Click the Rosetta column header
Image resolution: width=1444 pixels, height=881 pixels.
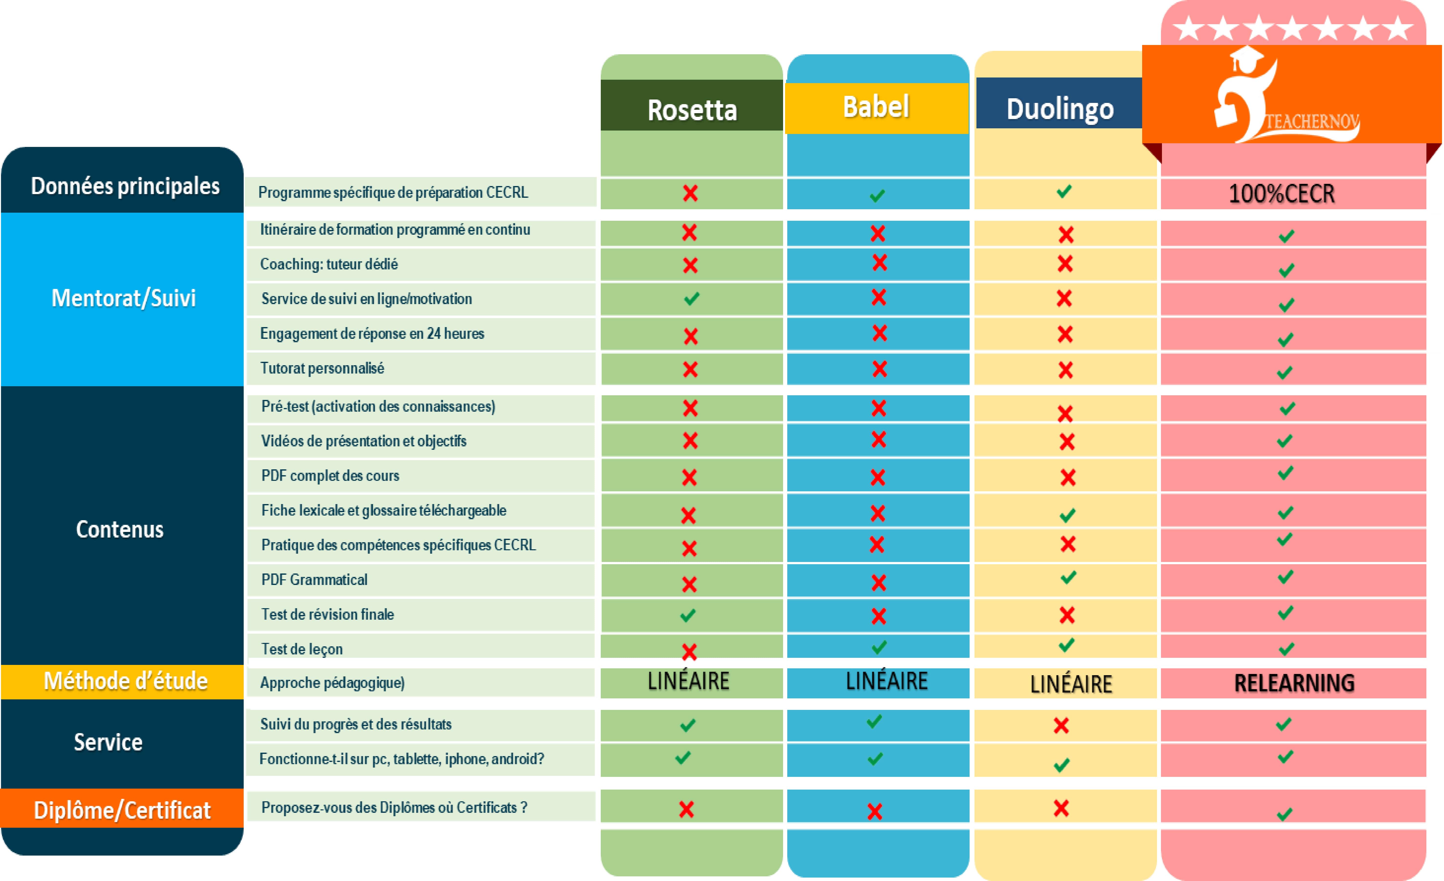[691, 110]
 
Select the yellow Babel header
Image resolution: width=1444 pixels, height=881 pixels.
[876, 107]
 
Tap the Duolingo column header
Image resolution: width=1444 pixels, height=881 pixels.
[1060, 109]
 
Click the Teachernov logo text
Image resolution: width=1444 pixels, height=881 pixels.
[1312, 122]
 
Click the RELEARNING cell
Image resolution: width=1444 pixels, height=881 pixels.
[1294, 683]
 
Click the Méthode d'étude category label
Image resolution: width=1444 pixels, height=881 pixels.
[125, 681]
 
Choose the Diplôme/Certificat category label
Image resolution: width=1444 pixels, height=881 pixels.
[122, 810]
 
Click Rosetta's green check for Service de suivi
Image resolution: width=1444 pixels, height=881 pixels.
[691, 299]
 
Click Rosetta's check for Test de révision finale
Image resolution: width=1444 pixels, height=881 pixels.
[688, 616]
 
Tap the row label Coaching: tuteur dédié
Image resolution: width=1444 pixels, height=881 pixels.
[329, 264]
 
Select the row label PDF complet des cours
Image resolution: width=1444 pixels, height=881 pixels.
[330, 476]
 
